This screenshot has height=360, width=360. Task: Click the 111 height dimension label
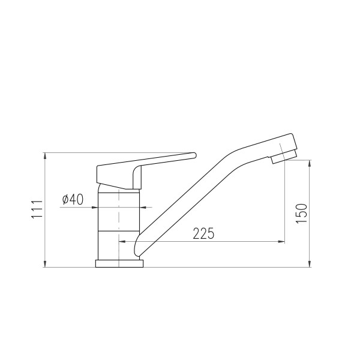tap(37, 209)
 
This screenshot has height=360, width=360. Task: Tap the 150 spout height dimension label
tap(301, 213)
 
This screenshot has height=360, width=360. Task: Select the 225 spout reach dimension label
tap(203, 233)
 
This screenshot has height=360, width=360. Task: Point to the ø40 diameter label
tap(73, 199)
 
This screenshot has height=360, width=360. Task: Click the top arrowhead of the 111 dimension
tap(45, 156)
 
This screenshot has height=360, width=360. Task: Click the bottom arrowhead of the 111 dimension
tap(45, 264)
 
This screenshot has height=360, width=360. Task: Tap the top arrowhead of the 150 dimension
tap(310, 163)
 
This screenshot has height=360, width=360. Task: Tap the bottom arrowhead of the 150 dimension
tap(310, 264)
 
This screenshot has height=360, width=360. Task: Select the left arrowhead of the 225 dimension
tap(122, 242)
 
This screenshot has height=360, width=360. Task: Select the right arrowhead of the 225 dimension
tap(281, 242)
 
